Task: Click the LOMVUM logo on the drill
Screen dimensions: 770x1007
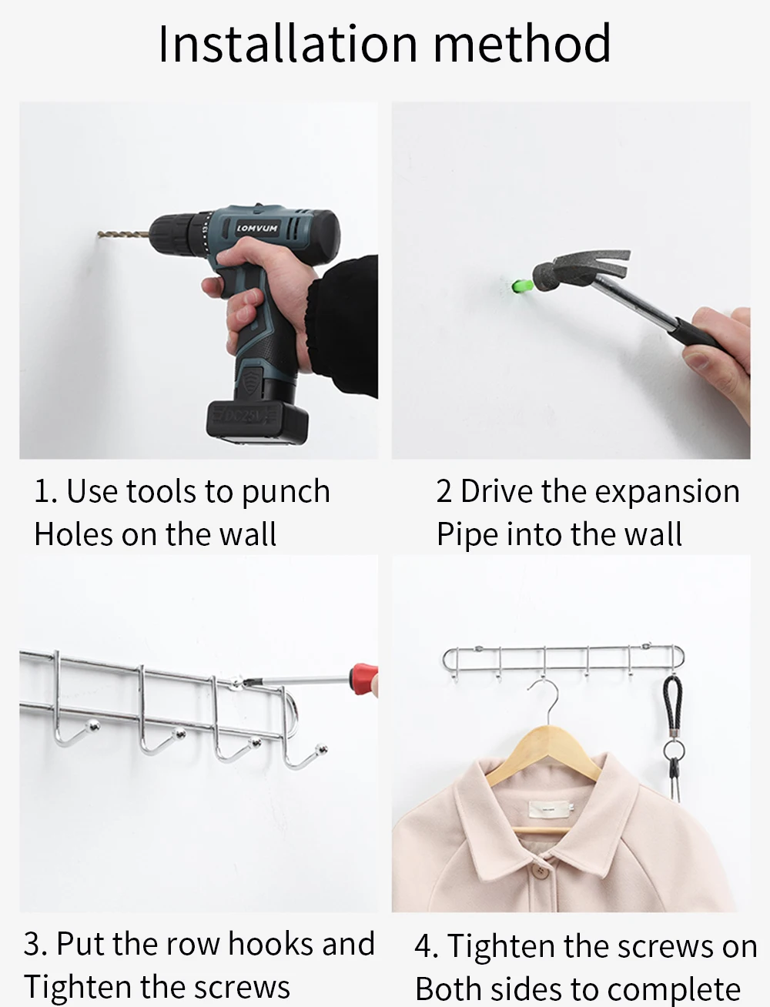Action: [x=257, y=228]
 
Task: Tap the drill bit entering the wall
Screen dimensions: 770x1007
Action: [x=123, y=235]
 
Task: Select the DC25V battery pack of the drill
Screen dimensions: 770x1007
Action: [x=256, y=422]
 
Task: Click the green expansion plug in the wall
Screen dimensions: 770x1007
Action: [x=522, y=286]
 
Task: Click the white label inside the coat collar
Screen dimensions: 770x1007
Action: [x=551, y=809]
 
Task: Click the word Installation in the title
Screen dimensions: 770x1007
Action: [x=288, y=44]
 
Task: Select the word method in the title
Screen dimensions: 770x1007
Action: [x=522, y=44]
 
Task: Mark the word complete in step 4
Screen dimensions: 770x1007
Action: [x=674, y=989]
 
